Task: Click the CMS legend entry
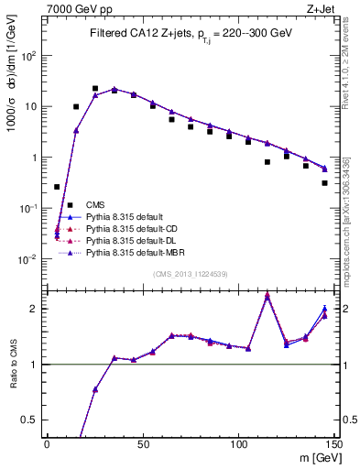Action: tap(94, 204)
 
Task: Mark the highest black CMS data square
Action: tap(95, 89)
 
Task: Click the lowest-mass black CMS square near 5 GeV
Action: tap(57, 187)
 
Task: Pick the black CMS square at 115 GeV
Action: tap(267, 162)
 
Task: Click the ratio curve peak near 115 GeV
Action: tap(267, 295)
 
